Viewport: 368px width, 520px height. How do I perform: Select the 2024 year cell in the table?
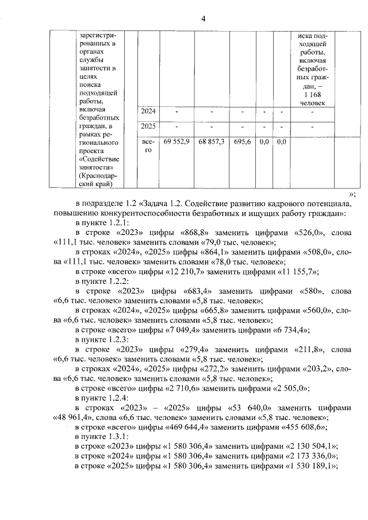pos(149,111)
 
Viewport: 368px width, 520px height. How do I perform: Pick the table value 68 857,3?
pos(211,141)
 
